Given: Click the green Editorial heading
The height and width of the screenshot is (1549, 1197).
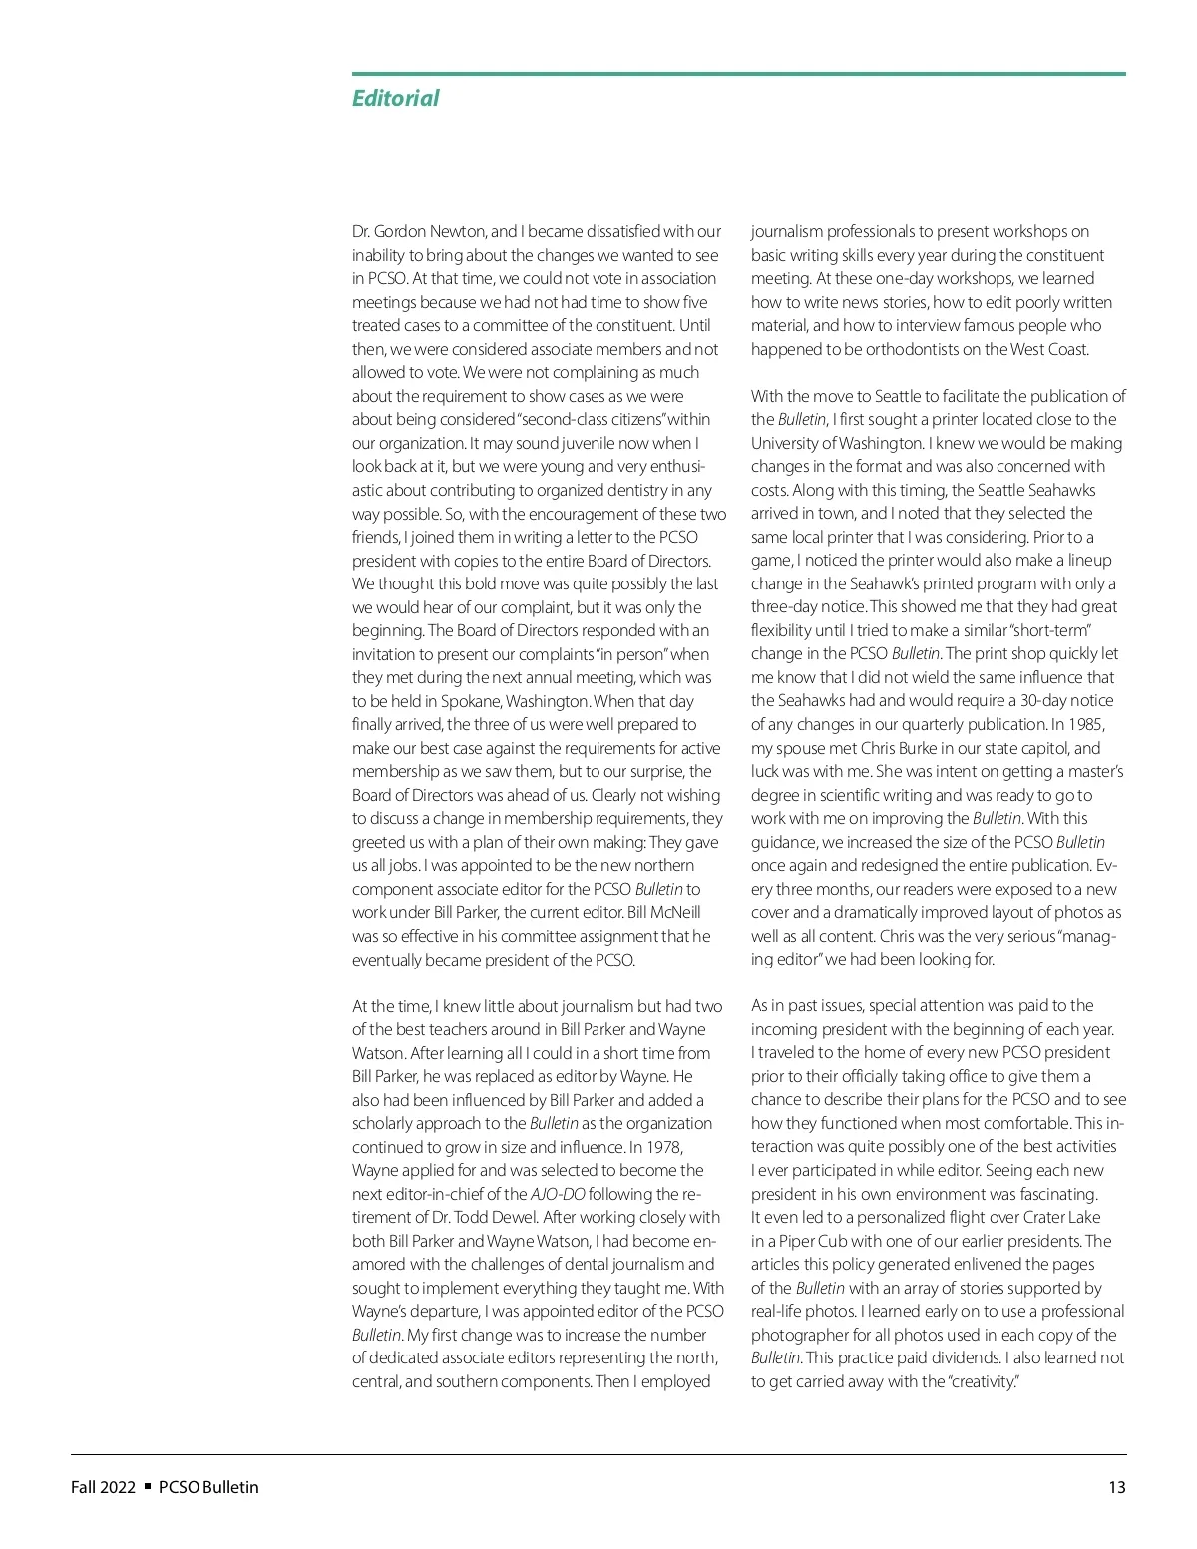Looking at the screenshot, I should [395, 98].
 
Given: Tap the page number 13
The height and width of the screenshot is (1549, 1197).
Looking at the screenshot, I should [1116, 1487].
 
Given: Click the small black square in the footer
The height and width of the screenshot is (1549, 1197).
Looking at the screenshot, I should [148, 1486].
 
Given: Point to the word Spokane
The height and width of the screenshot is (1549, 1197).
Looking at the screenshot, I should [473, 701].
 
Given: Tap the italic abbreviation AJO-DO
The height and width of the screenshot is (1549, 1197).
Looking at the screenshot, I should [558, 1194].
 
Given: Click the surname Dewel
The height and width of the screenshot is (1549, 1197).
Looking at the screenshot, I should [517, 1217].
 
